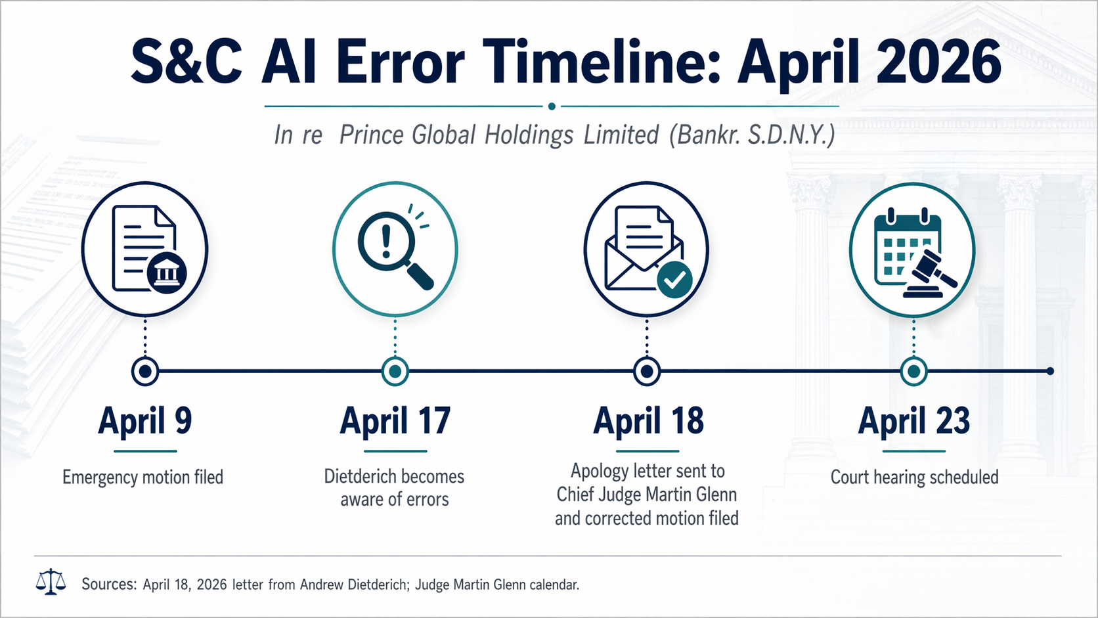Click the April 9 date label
point(145,421)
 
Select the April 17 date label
point(395,421)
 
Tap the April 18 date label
point(648,421)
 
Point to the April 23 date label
point(913,421)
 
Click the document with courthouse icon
point(145,250)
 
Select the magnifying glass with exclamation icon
point(395,250)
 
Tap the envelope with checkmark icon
point(646,250)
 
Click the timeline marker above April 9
point(145,372)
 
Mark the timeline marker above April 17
point(395,372)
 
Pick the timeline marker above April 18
point(647,372)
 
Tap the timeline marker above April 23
point(913,372)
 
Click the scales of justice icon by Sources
point(51,582)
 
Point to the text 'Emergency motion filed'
point(143,477)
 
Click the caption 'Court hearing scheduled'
point(914,477)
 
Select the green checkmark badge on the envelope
point(674,280)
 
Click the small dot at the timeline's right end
point(1050,372)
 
